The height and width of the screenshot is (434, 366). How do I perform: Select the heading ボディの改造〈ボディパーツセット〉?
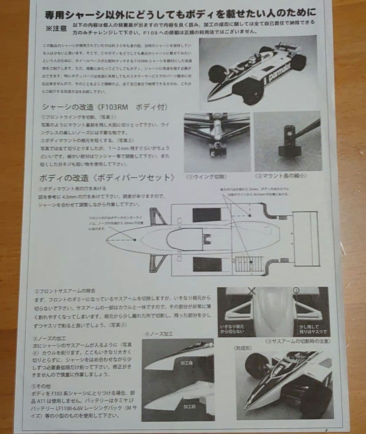coord(107,178)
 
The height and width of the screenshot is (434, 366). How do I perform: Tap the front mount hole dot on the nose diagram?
coord(134,240)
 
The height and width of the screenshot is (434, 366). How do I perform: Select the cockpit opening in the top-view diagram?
coord(185,240)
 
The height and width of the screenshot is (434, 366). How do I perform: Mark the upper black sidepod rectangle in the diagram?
coord(207,215)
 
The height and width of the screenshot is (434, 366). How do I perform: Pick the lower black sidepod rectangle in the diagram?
coord(207,264)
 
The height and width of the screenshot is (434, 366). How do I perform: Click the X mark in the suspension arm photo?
coord(252,291)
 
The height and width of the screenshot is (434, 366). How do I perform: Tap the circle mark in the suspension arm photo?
coord(297,290)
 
